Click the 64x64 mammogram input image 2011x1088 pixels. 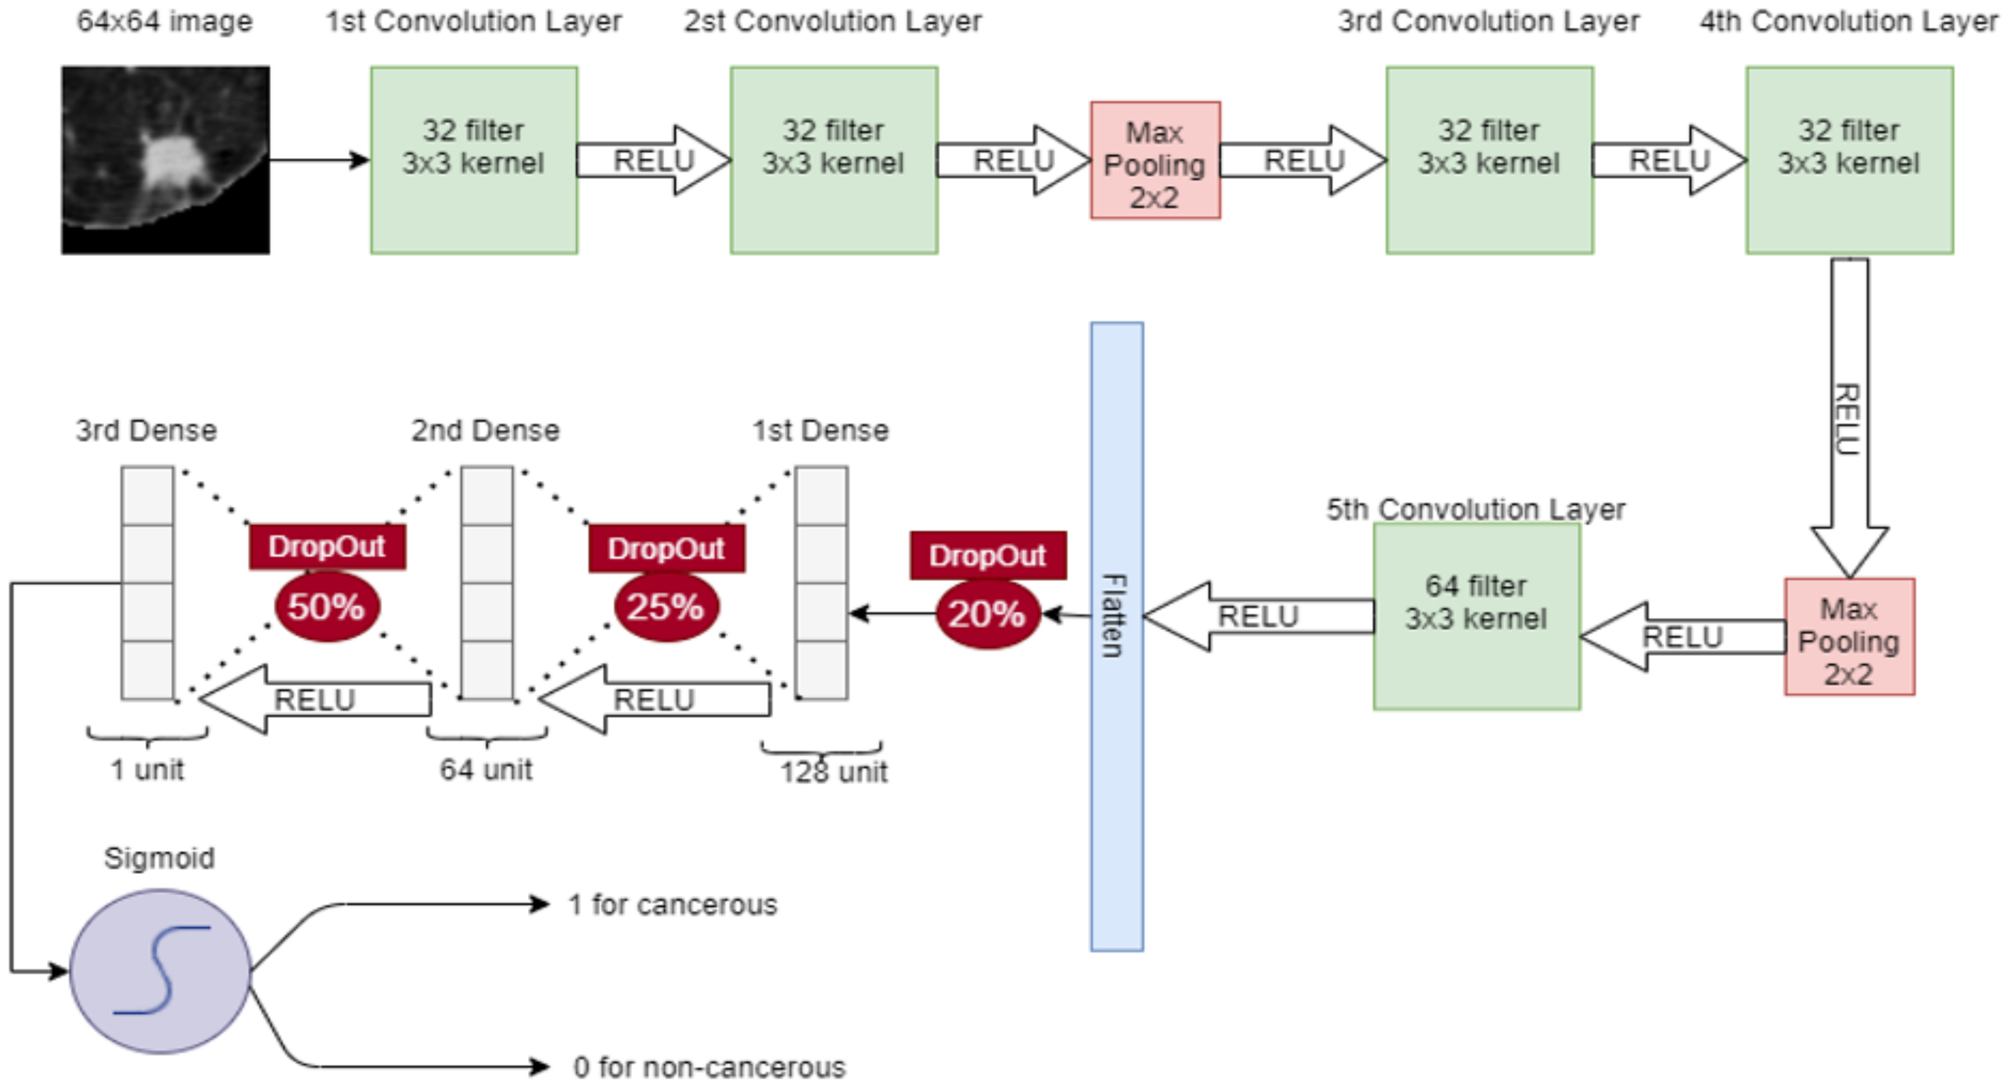pyautogui.click(x=165, y=160)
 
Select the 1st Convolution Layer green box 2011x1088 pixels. pyautogui.click(x=474, y=160)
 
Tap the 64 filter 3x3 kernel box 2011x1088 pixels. pyautogui.click(x=1477, y=616)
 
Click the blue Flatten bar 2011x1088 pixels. pyautogui.click(x=1117, y=636)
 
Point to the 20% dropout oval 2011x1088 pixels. pyautogui.click(x=988, y=614)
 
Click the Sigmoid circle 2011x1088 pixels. pyautogui.click(x=160, y=971)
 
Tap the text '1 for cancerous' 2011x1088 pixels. pyautogui.click(x=673, y=904)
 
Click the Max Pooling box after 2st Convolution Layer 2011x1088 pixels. pyautogui.click(x=1155, y=160)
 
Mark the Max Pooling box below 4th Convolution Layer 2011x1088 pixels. pyautogui.click(x=1849, y=636)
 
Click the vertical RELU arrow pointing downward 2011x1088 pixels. pyautogui.click(x=1849, y=418)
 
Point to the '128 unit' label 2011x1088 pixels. pyautogui.click(x=834, y=772)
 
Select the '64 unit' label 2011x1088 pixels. pyautogui.click(x=486, y=769)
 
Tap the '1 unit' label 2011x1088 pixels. pyautogui.click(x=147, y=769)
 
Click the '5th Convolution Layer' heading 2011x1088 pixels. pyautogui.click(x=1475, y=509)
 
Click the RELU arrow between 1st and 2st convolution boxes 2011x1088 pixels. pyautogui.click(x=654, y=160)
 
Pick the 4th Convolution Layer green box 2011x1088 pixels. pyautogui.click(x=1849, y=160)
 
